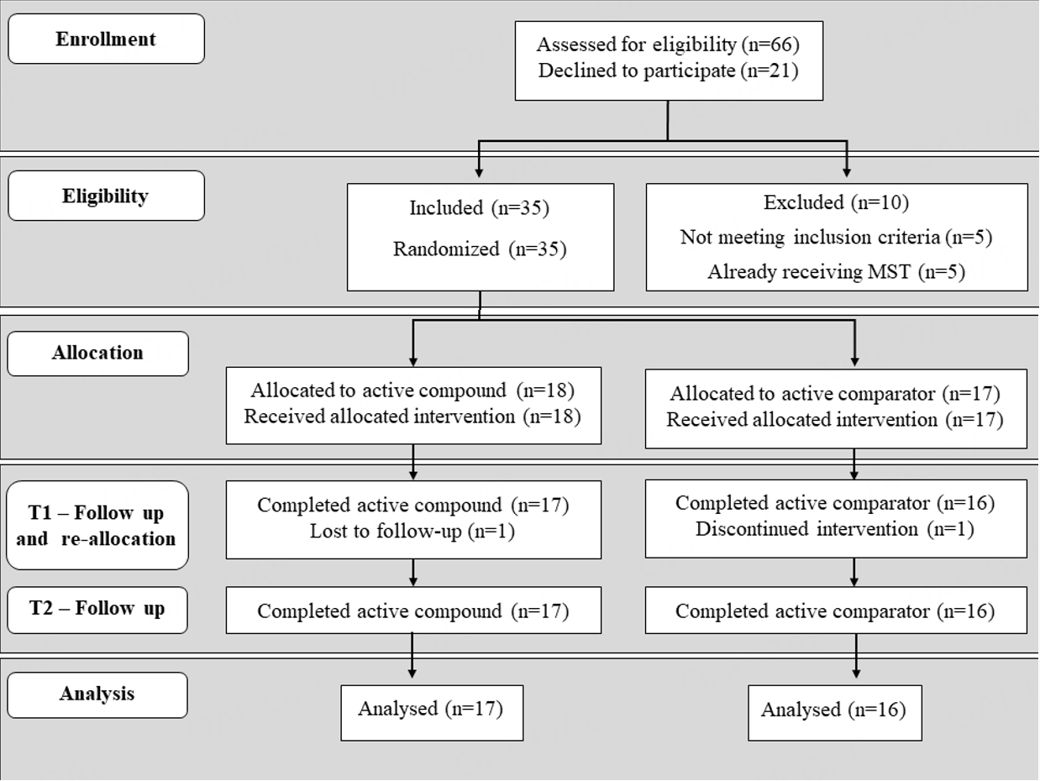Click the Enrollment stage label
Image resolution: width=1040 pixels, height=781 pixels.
[106, 39]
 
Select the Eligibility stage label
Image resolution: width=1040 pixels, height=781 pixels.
[106, 197]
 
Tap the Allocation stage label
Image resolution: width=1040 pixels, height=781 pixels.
[97, 353]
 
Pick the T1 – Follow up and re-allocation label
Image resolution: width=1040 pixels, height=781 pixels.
[97, 526]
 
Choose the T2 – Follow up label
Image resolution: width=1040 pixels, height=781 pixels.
[97, 609]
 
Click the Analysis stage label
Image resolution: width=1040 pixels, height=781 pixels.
[97, 695]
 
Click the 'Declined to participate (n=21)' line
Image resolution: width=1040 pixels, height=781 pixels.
[668, 71]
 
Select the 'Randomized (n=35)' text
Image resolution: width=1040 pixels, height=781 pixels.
[480, 249]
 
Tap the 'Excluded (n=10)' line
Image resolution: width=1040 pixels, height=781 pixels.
[836, 203]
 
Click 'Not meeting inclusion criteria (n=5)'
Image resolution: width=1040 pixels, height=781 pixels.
[836, 238]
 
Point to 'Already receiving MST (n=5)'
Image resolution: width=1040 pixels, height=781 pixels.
[836, 272]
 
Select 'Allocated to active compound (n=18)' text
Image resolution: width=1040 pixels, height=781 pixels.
[412, 390]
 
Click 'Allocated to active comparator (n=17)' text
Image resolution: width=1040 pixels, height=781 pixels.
[835, 394]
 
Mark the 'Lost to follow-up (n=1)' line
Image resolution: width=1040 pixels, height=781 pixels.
[412, 532]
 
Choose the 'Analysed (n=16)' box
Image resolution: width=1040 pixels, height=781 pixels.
[834, 711]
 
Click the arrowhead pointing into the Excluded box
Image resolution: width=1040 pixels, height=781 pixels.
[846, 172]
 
